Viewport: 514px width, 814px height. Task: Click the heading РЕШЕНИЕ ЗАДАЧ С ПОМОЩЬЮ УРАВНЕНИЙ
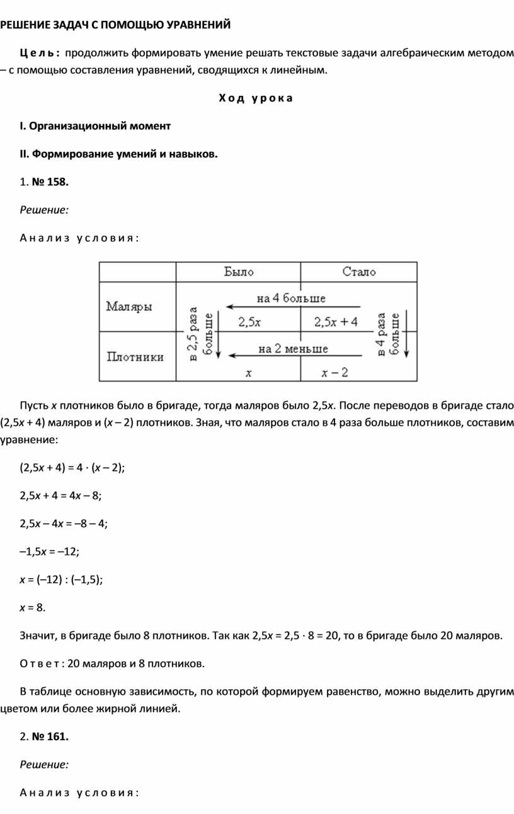pyautogui.click(x=115, y=25)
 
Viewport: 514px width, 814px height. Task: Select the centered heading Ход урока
pyautogui.click(x=256, y=98)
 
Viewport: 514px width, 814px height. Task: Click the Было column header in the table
pyautogui.click(x=239, y=272)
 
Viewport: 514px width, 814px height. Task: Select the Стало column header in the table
pyautogui.click(x=359, y=272)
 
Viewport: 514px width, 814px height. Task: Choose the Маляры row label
pyautogui.click(x=129, y=307)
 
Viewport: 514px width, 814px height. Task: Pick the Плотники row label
pyautogui.click(x=135, y=357)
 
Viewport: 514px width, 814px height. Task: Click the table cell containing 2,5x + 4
pyautogui.click(x=336, y=322)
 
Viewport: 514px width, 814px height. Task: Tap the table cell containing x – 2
pyautogui.click(x=334, y=373)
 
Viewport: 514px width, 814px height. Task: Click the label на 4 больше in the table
pyautogui.click(x=291, y=298)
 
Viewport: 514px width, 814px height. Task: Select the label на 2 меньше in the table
pyautogui.click(x=293, y=348)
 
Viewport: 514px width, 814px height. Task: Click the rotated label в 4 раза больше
pyautogui.click(x=388, y=334)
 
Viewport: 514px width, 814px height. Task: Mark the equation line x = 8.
pyautogui.click(x=33, y=607)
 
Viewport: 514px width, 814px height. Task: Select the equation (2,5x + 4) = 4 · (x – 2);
pyautogui.click(x=72, y=467)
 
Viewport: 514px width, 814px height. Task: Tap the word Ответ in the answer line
pyautogui.click(x=40, y=663)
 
